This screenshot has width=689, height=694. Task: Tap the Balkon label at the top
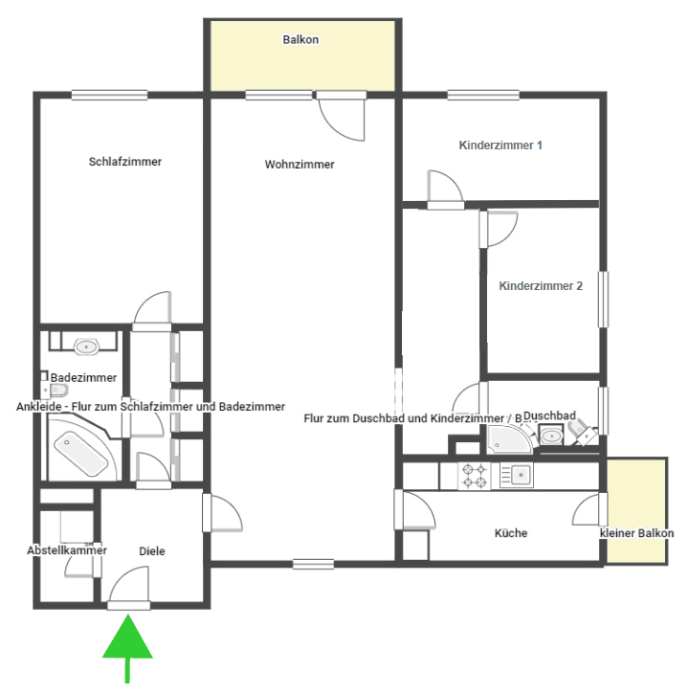pyautogui.click(x=300, y=40)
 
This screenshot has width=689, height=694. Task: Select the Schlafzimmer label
pyautogui.click(x=125, y=162)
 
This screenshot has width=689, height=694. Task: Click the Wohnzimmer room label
pyautogui.click(x=300, y=165)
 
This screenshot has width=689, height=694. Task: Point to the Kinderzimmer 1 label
pyautogui.click(x=501, y=146)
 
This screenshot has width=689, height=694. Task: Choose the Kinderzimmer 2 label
pyautogui.click(x=542, y=285)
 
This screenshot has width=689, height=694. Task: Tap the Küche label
pyautogui.click(x=511, y=533)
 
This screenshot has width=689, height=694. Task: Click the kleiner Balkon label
pyautogui.click(x=636, y=533)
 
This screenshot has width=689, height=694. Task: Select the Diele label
pyautogui.click(x=152, y=550)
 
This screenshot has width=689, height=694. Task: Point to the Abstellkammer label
pyautogui.click(x=67, y=550)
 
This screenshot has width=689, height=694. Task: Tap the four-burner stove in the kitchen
pyautogui.click(x=476, y=474)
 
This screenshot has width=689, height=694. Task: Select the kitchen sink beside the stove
pyautogui.click(x=518, y=474)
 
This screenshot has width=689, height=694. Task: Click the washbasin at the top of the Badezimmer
pyautogui.click(x=87, y=345)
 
